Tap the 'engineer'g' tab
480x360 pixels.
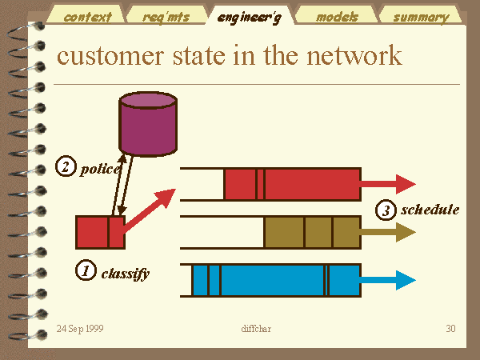coord(249,15)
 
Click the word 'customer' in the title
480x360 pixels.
coord(110,56)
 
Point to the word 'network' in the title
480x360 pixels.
coord(354,55)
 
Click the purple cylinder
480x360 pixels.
coord(148,124)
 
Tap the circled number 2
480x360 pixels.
coord(66,166)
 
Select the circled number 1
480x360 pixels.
coord(86,270)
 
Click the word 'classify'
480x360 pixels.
coord(126,274)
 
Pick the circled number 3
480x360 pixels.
coord(386,210)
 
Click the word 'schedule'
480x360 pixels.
coord(430,210)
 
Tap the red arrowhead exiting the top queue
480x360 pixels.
coord(406,184)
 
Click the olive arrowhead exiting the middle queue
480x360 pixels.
coord(406,232)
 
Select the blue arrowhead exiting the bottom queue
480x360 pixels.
coord(406,280)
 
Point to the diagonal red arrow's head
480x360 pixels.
coord(166,197)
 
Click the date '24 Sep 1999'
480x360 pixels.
coord(80,329)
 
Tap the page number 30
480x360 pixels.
coord(450,329)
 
